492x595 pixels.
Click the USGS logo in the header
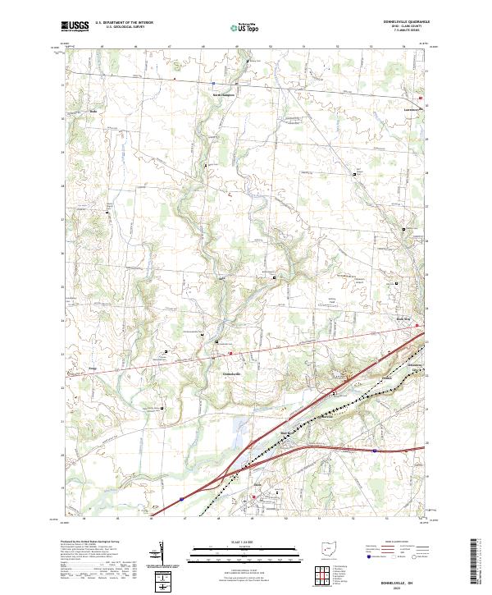[76, 27]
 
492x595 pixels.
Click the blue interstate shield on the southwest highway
[180, 497]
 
